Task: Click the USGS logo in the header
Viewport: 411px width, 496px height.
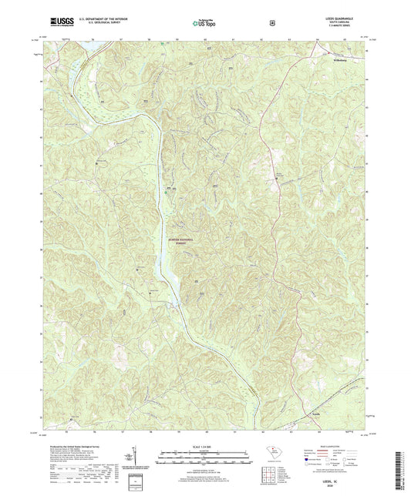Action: [x=56, y=23]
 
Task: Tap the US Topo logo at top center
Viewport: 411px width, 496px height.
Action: [x=204, y=23]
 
